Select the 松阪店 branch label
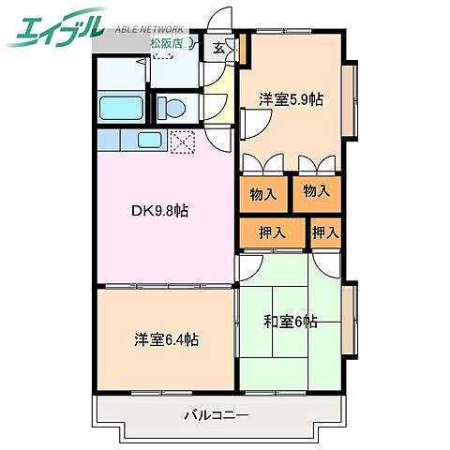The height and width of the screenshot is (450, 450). (x=165, y=42)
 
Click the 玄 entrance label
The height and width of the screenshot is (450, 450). (x=217, y=48)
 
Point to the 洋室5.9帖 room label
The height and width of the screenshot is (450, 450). (x=292, y=99)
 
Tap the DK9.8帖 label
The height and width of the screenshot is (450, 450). (x=159, y=211)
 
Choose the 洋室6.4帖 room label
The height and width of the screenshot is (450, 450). (x=164, y=338)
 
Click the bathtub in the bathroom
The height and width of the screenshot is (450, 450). (x=118, y=107)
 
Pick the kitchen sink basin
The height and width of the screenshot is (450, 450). (x=149, y=140)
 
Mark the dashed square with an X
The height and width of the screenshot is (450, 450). (x=183, y=141)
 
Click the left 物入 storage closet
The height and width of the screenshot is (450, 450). (x=263, y=195)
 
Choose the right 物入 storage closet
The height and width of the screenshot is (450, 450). (x=317, y=191)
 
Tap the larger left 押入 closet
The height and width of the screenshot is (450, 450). (x=272, y=232)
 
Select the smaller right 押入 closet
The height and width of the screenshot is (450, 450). (x=325, y=232)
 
